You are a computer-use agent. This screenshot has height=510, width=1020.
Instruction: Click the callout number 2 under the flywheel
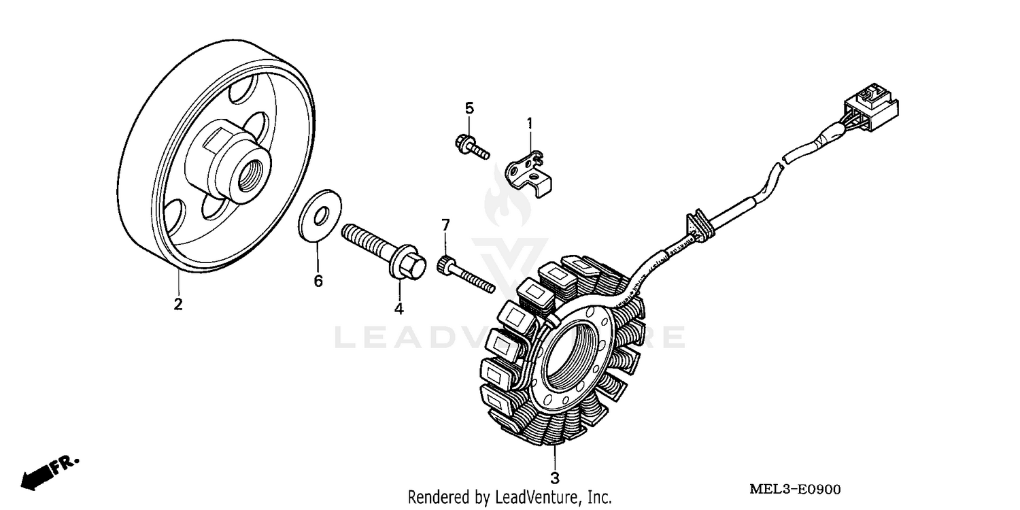(178, 304)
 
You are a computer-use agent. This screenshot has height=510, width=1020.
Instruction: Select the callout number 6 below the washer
(318, 281)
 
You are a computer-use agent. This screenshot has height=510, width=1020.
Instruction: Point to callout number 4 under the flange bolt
(398, 309)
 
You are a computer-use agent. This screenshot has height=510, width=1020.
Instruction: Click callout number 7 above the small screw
(446, 224)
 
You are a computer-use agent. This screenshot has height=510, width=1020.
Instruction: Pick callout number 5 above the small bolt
(469, 108)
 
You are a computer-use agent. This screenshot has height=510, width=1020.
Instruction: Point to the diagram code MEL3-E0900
(795, 490)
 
